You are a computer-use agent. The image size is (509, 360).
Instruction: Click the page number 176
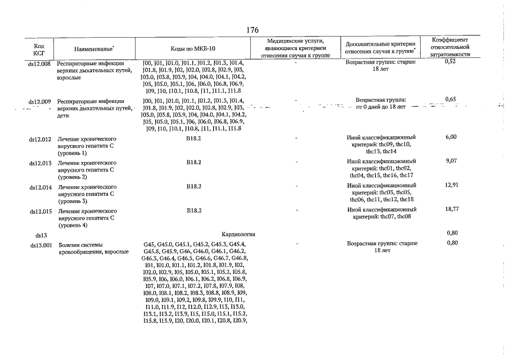tap(252, 29)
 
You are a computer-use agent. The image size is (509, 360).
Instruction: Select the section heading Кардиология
tap(238, 233)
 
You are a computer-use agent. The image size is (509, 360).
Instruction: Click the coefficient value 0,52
tap(450, 61)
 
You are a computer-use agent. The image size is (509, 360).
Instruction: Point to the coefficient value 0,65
tap(450, 100)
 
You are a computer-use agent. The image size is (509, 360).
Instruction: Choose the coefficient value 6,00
tap(450, 137)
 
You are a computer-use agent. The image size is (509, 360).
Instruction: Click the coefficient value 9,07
tap(450, 161)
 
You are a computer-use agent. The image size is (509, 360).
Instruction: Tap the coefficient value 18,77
tap(450, 209)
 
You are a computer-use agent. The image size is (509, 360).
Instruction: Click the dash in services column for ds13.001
tap(296, 244)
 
